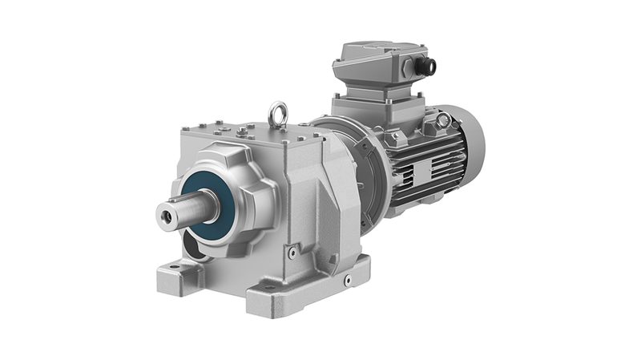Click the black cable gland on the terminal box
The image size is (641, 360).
click(x=425, y=66)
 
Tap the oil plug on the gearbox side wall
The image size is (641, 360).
click(x=293, y=252)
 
